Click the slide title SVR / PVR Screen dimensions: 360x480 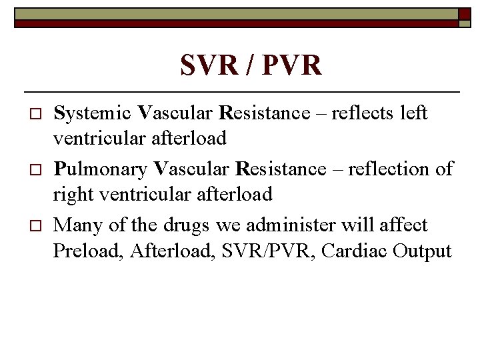pyautogui.click(x=251, y=66)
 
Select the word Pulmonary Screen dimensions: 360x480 pyautogui.click(x=100, y=169)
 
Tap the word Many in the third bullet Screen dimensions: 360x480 pyautogui.click(x=76, y=225)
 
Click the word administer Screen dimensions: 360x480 pyautogui.click(x=288, y=225)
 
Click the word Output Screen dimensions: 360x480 pyautogui.click(x=423, y=252)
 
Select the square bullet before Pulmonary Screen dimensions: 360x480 pyautogui.click(x=27, y=170)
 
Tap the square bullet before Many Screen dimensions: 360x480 pyautogui.click(x=27, y=226)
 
